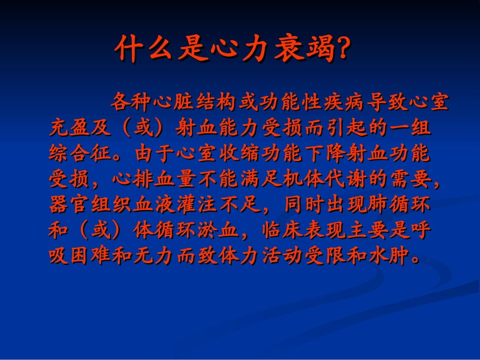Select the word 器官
coord(70,207)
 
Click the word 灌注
coord(198,207)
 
